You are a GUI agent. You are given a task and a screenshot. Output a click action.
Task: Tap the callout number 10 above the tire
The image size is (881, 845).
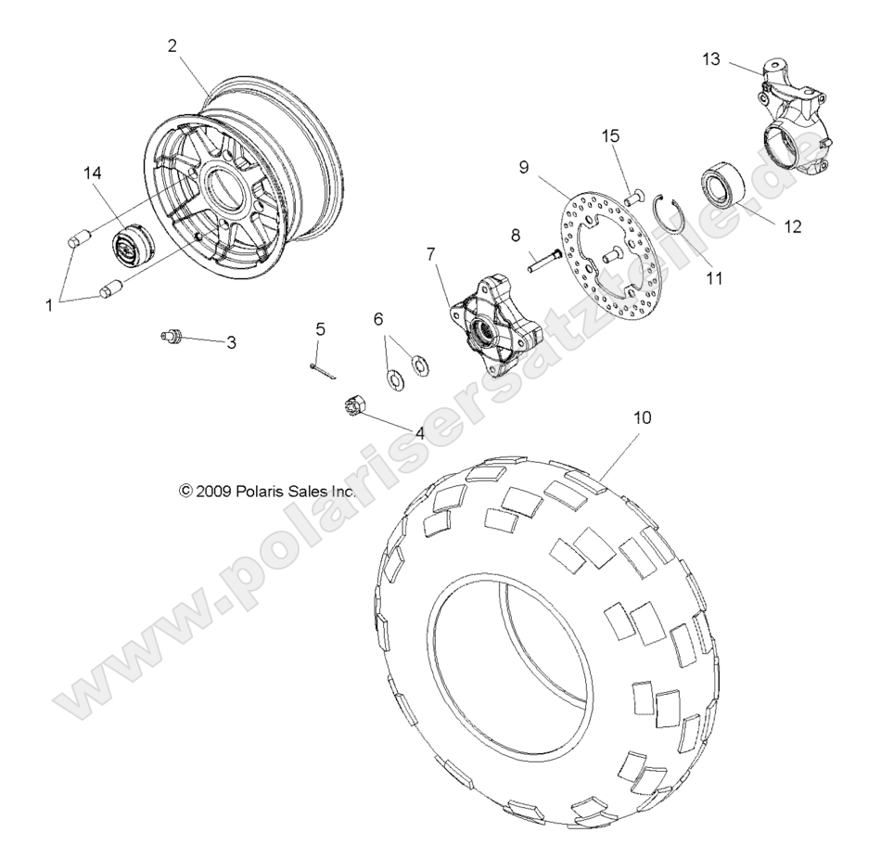tap(643, 392)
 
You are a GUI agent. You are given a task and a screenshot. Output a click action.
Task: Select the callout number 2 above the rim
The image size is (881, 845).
tap(172, 45)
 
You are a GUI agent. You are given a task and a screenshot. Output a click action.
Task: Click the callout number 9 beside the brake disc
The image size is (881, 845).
tap(549, 168)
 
